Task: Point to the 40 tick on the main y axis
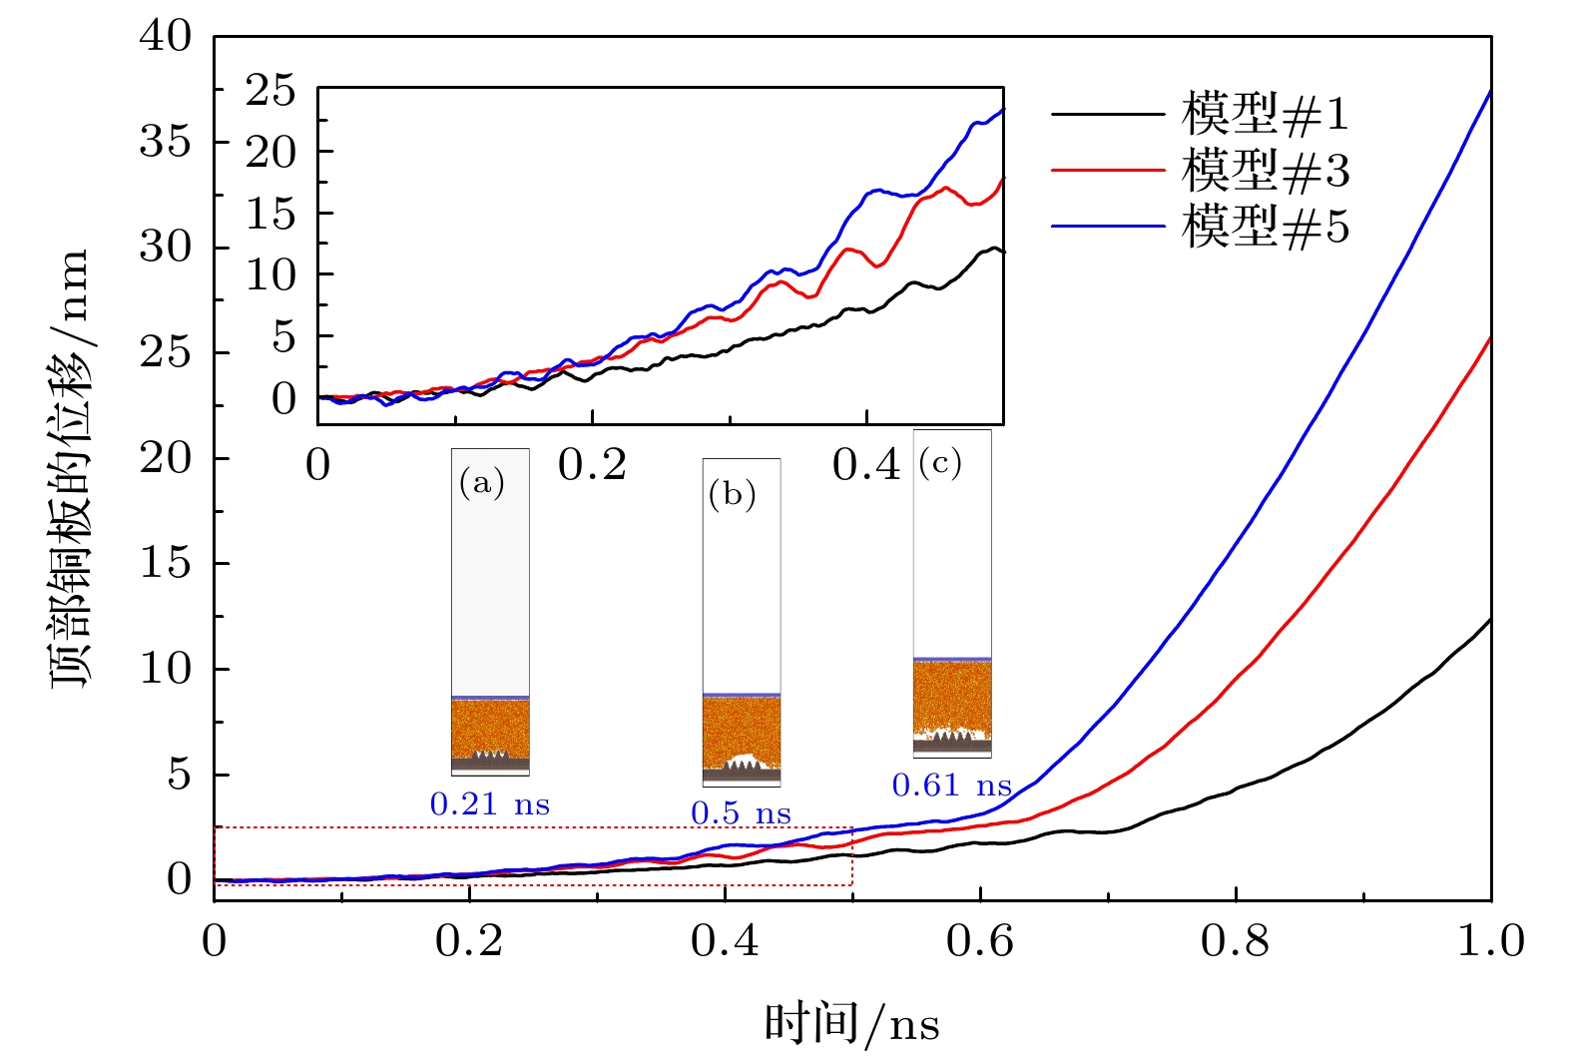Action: (x=166, y=37)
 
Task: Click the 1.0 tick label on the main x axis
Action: (x=1490, y=941)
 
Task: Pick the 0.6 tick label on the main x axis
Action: (x=980, y=941)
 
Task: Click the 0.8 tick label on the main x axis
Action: (x=1236, y=941)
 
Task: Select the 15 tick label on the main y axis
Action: (x=166, y=564)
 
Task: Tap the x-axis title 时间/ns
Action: (x=851, y=1024)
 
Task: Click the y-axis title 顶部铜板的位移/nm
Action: (x=70, y=469)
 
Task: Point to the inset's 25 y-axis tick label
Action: (x=271, y=92)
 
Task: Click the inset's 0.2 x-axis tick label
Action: (x=592, y=465)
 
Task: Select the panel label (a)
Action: (x=482, y=484)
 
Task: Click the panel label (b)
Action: (x=733, y=494)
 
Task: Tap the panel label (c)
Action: (x=940, y=462)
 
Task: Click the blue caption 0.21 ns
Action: (x=490, y=804)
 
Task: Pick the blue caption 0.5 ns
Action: (x=741, y=813)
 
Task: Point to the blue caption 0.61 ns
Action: (x=952, y=786)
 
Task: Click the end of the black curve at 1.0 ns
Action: (x=1490, y=620)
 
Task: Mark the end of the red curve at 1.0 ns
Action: (x=1490, y=338)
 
